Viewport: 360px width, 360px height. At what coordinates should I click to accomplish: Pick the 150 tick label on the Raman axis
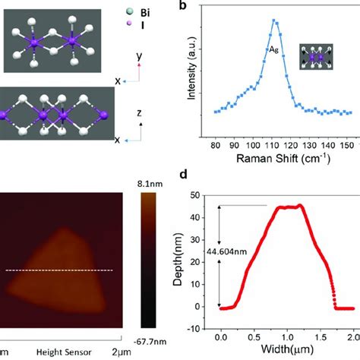346,146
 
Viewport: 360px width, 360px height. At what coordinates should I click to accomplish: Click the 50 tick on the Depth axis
201,196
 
